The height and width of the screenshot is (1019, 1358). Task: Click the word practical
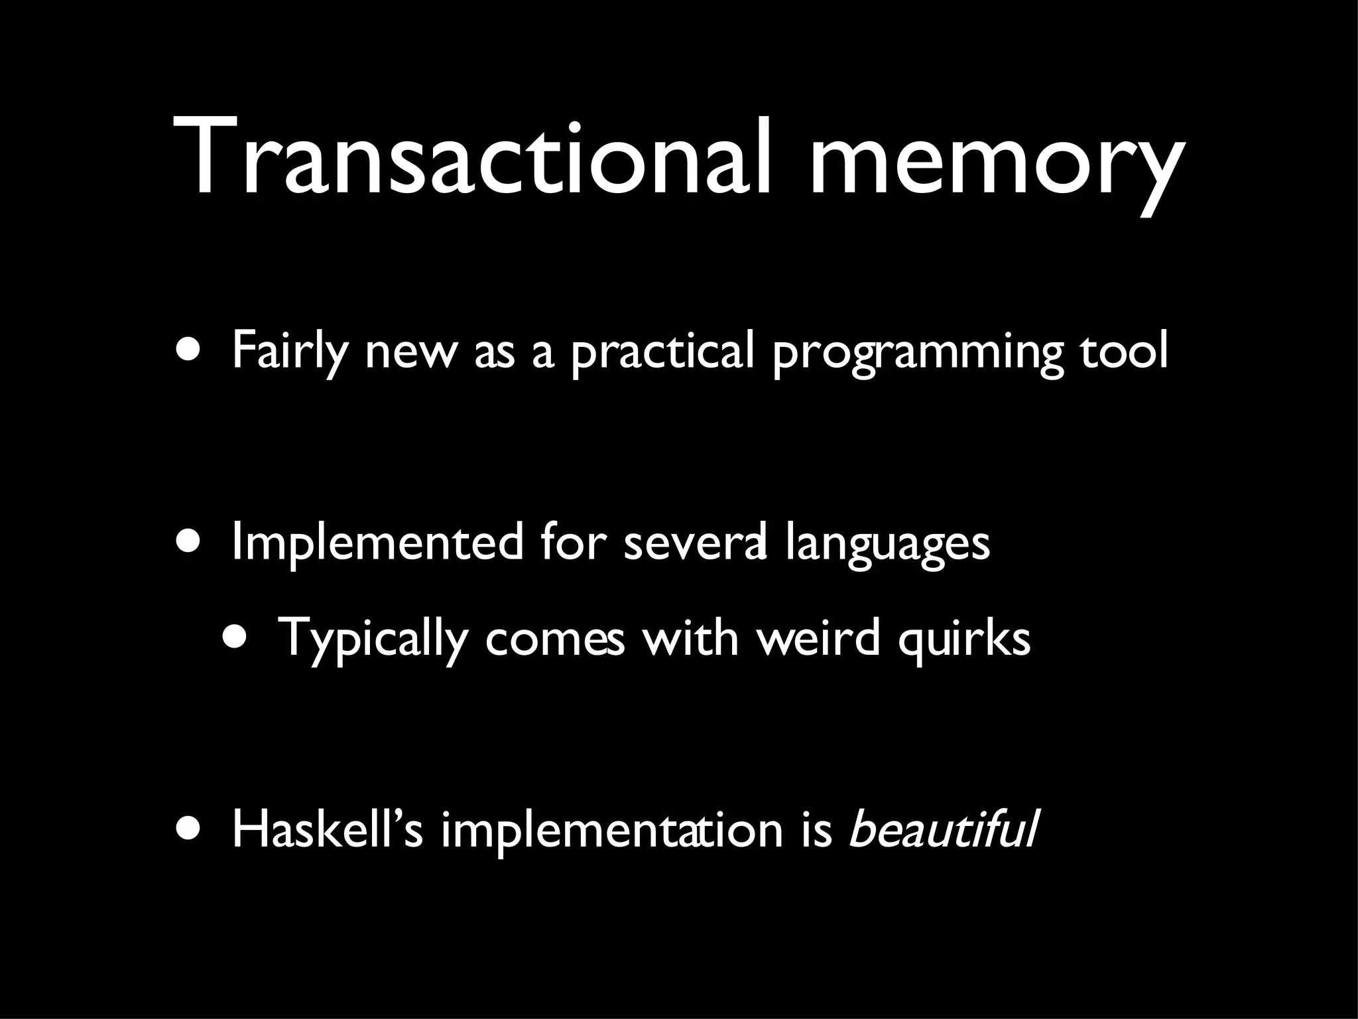[663, 352]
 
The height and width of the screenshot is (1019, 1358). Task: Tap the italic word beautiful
[942, 829]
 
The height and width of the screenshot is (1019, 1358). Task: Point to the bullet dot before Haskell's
[192, 829]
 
